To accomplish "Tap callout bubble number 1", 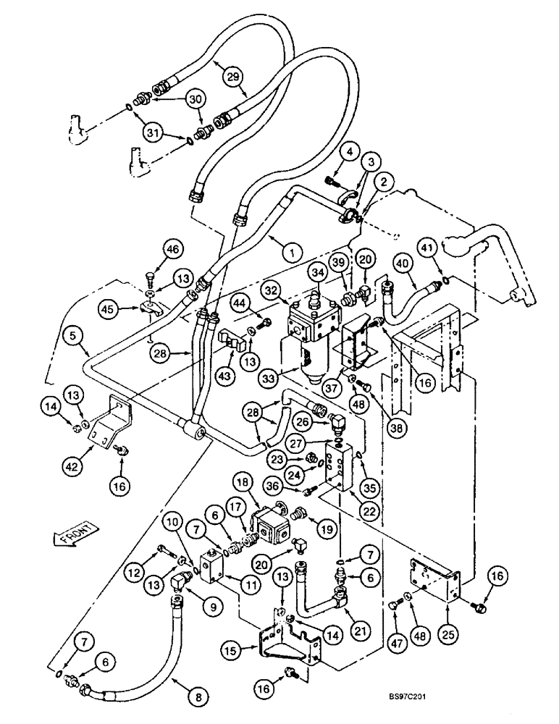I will point(290,253).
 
